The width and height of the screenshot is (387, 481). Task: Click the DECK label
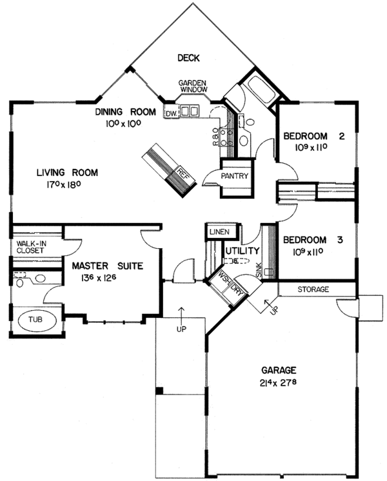(188, 59)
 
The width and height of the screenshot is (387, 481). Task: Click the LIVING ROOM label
(66, 172)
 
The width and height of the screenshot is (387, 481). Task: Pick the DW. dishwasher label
(171, 114)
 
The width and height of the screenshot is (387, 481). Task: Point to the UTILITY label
(242, 250)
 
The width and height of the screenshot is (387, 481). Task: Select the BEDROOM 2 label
(314, 136)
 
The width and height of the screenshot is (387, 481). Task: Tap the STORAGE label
(313, 290)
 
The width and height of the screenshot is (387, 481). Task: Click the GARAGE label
(279, 370)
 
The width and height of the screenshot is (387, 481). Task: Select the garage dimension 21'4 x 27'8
(279, 383)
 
